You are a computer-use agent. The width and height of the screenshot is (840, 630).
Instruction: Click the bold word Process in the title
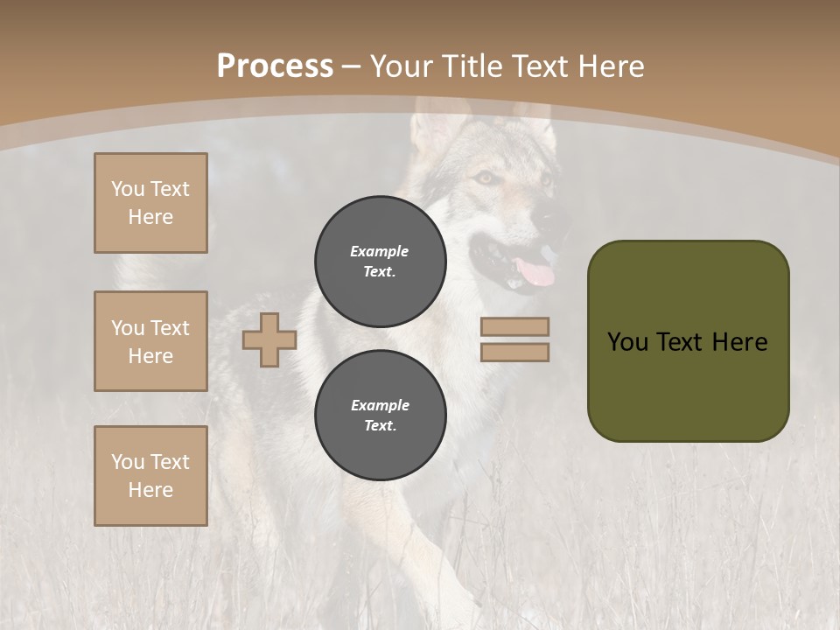(275, 66)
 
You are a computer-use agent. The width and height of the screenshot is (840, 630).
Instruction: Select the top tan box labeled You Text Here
(150, 203)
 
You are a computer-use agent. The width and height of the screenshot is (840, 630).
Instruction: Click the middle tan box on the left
(150, 341)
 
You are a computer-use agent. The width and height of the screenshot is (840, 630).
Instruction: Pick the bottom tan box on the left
(150, 476)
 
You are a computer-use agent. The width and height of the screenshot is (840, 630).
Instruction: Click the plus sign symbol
(269, 340)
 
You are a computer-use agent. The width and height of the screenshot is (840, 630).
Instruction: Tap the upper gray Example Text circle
(381, 261)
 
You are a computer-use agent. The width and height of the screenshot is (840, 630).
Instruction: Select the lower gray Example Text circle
(381, 415)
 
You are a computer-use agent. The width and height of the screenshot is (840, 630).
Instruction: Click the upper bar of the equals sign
(514, 326)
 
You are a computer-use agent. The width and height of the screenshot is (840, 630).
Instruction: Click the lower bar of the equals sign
(514, 352)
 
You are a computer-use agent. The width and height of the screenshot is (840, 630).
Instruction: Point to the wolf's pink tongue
(535, 273)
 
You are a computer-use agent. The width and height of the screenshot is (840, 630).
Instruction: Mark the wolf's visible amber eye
(484, 178)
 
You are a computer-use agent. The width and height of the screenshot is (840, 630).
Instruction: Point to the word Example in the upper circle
(380, 251)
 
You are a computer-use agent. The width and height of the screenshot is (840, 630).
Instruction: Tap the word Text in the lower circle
(380, 426)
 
